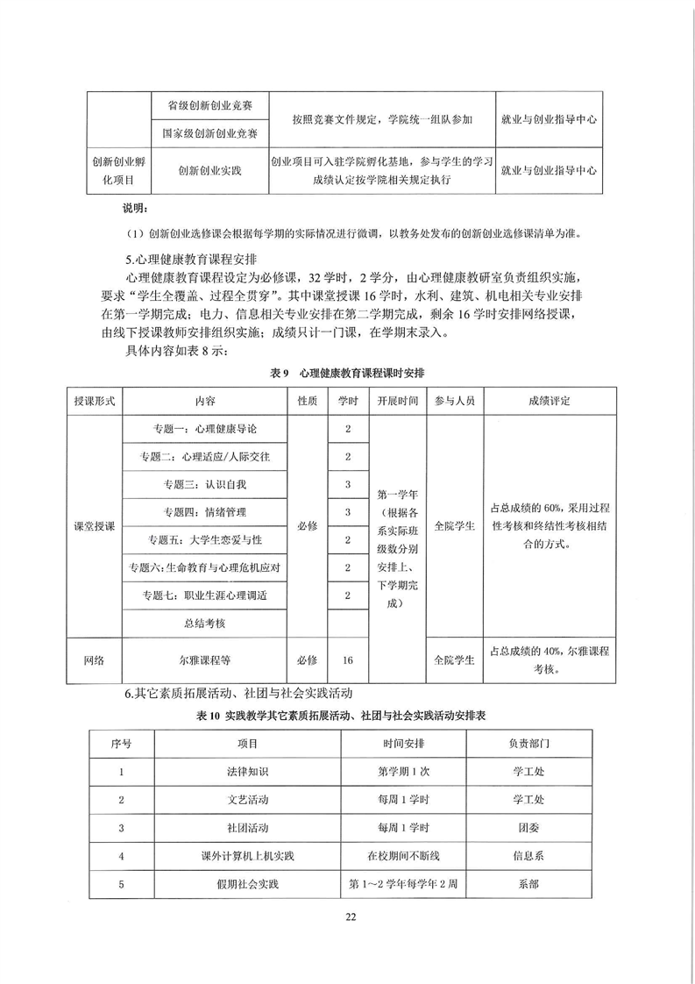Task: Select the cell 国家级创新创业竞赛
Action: tap(209, 133)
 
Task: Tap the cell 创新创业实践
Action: tap(209, 173)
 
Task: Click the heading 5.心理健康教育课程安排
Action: tap(191, 260)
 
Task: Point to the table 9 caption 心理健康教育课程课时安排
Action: tap(348, 373)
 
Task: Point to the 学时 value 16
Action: tap(348, 659)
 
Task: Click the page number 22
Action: tap(348, 917)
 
